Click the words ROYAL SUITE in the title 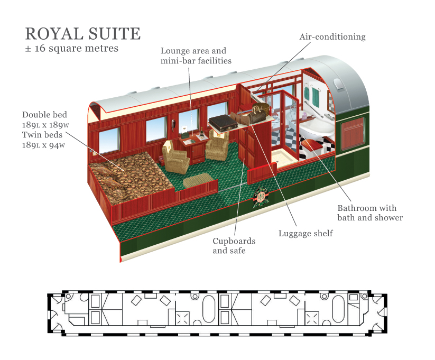tap(82, 33)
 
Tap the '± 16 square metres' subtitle tap(72, 48)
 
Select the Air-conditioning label tap(332, 37)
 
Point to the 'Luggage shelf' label tap(306, 233)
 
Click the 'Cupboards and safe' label tap(234, 245)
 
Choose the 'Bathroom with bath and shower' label tap(369, 213)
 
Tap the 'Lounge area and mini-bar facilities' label tap(196, 56)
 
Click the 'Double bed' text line tap(45, 114)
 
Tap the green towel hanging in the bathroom tap(315, 96)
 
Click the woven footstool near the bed tap(199, 180)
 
